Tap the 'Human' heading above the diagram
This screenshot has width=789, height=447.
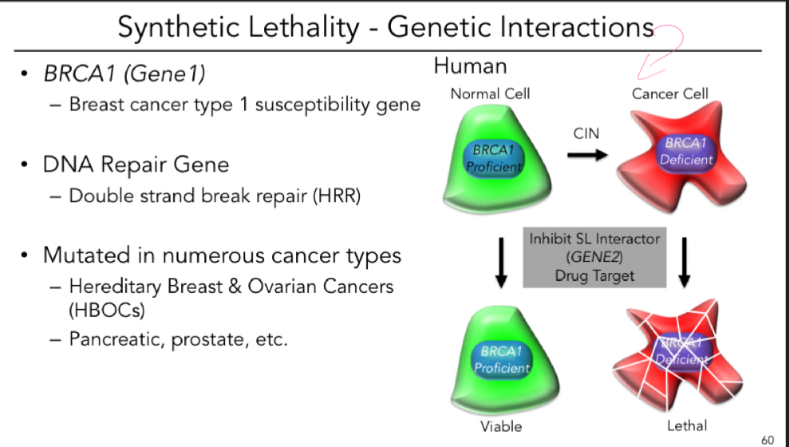tap(470, 65)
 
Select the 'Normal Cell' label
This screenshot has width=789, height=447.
tap(490, 93)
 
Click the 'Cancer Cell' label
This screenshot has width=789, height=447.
tap(670, 93)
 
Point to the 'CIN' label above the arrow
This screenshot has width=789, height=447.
tap(586, 133)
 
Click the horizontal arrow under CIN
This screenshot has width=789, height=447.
tap(586, 154)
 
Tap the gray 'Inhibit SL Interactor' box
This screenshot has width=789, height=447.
tap(594, 257)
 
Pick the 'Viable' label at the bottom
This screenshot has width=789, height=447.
tap(501, 425)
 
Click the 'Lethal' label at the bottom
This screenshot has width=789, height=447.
tap(687, 425)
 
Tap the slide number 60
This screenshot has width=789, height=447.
tap(768, 439)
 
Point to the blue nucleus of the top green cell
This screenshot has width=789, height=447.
tap(495, 157)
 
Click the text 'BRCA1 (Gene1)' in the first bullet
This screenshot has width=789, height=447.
tap(124, 75)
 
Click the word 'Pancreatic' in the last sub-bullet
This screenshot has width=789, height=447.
tap(114, 338)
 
